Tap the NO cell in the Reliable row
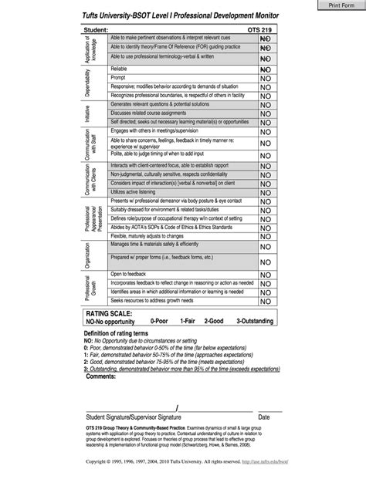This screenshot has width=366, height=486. coord(265,69)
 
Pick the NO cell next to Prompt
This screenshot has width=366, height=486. coord(265,79)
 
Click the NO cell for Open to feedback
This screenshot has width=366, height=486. coord(265,274)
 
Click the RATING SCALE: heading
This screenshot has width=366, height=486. coord(110,315)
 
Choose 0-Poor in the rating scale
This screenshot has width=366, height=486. coord(160,321)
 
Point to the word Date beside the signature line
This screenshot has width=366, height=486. coord(264,416)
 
